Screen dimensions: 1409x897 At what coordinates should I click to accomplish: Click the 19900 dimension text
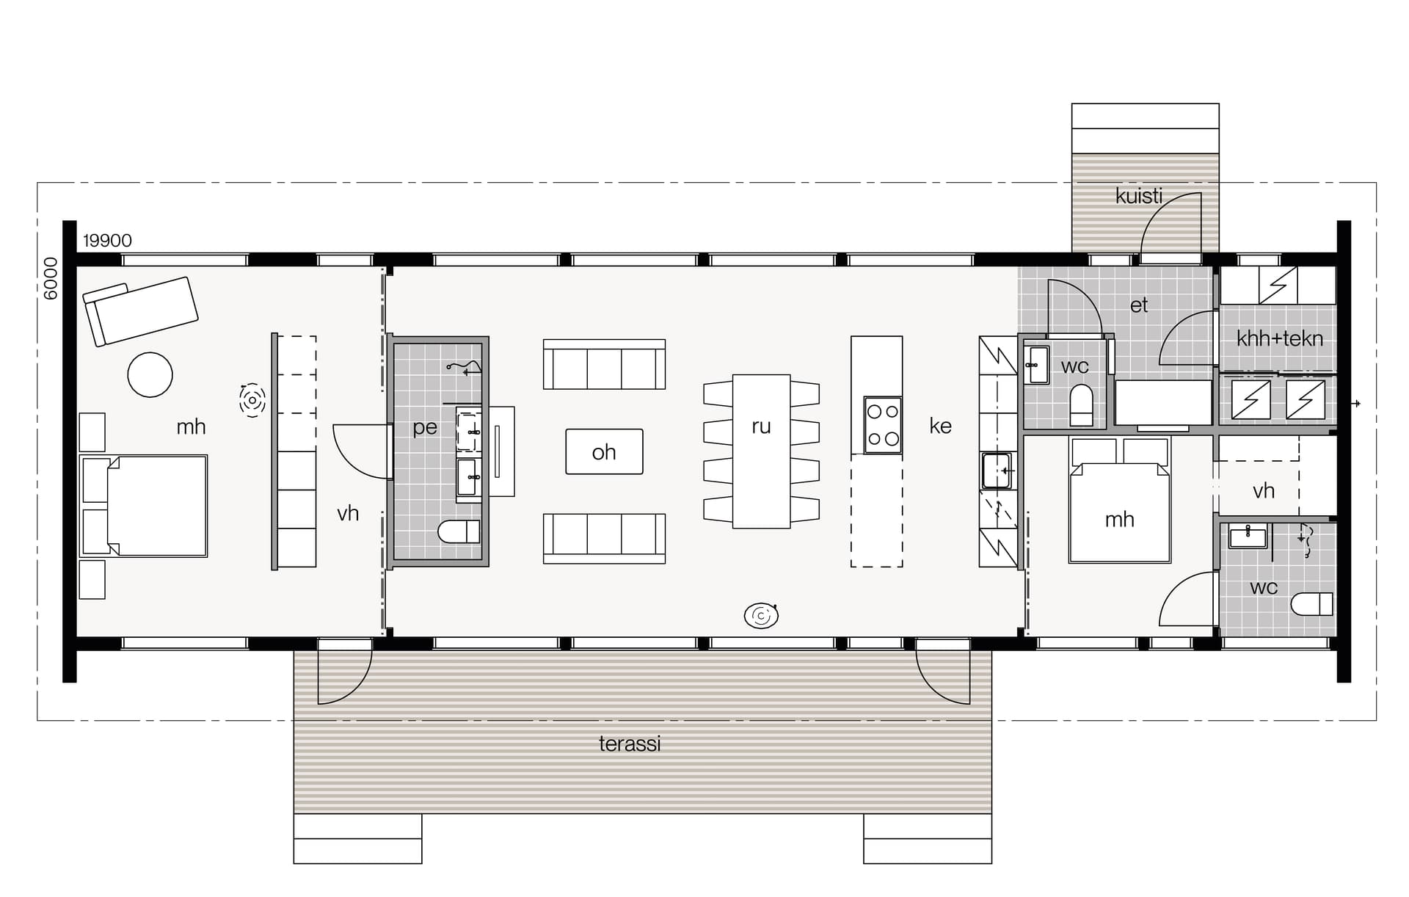click(107, 241)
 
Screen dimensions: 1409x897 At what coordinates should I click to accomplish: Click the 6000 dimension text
click(51, 279)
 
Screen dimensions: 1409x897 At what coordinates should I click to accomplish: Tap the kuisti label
click(1139, 196)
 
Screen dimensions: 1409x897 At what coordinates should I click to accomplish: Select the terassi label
click(630, 744)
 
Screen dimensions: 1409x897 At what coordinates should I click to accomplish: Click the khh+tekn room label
click(1280, 338)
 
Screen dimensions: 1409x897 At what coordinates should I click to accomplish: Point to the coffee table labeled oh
click(604, 451)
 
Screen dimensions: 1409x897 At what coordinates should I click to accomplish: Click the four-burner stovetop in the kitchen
click(883, 425)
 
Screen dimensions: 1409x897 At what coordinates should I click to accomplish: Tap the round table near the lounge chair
click(150, 374)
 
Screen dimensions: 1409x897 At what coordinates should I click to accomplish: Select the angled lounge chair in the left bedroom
click(140, 311)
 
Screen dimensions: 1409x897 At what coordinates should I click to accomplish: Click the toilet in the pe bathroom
click(459, 531)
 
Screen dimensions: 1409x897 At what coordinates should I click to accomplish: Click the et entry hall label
click(1139, 305)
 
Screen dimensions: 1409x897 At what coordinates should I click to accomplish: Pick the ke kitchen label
click(940, 426)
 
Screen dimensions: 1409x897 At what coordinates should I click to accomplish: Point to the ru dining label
click(761, 426)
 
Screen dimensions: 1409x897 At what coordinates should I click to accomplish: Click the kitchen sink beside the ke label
click(997, 471)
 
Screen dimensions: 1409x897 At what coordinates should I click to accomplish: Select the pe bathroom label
click(425, 427)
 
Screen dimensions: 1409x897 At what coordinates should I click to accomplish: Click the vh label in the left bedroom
click(348, 513)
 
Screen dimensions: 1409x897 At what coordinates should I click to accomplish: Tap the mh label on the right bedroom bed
click(1119, 520)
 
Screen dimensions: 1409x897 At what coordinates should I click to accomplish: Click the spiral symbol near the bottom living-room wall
click(761, 616)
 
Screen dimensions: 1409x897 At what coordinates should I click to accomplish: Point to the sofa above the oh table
click(604, 364)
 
